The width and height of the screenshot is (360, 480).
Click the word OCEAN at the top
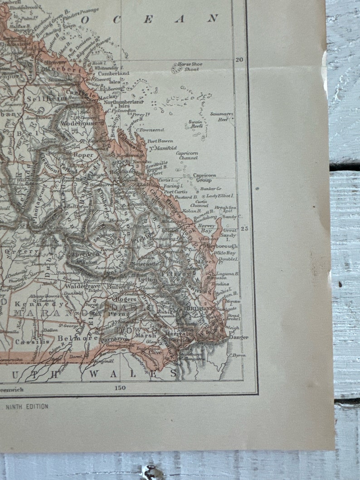pyautogui.click(x=150, y=19)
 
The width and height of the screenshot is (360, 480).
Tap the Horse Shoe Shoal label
pyautogui.click(x=190, y=67)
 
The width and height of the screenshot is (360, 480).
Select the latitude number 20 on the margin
pyautogui.click(x=240, y=59)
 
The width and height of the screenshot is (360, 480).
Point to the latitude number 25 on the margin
pyautogui.click(x=245, y=228)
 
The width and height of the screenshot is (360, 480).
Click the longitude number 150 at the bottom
pyautogui.click(x=120, y=388)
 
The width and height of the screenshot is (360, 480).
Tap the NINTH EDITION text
pyautogui.click(x=27, y=407)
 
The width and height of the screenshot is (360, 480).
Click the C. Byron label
pyautogui.click(x=237, y=355)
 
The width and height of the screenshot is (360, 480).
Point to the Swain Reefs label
pyautogui.click(x=196, y=124)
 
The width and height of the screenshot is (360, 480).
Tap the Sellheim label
pyautogui.click(x=41, y=98)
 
